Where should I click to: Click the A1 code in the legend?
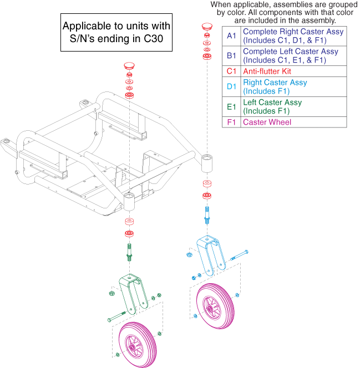pyautogui.click(x=231, y=36)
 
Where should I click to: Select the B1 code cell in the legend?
pyautogui.click(x=231, y=56)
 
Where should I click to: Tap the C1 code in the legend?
pyautogui.click(x=231, y=71)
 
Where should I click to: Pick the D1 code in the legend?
pyautogui.click(x=231, y=87)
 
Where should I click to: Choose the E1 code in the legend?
pyautogui.click(x=231, y=107)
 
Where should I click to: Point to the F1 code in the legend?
pyautogui.click(x=231, y=122)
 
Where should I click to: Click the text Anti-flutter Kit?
pyautogui.click(x=267, y=71)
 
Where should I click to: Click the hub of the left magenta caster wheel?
pyautogui.click(x=135, y=344)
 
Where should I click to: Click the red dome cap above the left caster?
pyautogui.click(x=129, y=65)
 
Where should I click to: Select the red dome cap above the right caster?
pyautogui.click(x=207, y=25)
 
